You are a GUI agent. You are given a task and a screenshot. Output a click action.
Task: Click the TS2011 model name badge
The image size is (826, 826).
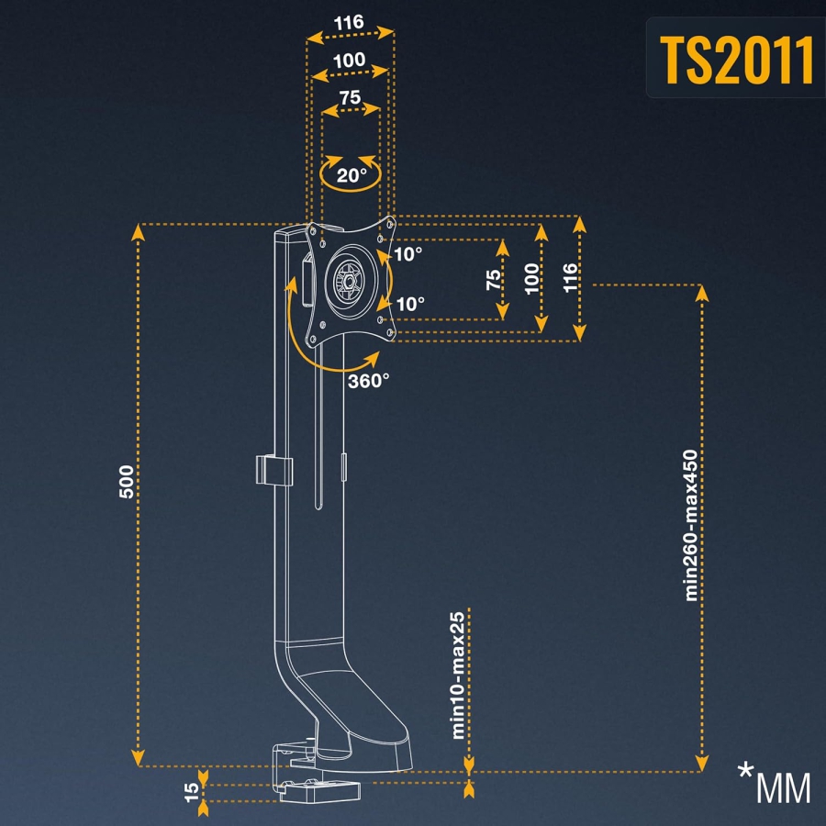click(738, 59)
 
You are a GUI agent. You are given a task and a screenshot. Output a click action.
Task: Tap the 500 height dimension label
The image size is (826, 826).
click(128, 482)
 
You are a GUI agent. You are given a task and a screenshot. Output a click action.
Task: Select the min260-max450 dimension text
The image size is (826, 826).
click(693, 524)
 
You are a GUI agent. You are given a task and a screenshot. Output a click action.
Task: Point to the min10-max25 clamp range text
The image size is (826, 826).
click(457, 675)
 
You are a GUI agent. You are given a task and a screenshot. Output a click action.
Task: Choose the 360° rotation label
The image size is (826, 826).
click(369, 381)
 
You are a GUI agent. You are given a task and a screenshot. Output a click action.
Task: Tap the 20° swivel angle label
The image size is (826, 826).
click(351, 174)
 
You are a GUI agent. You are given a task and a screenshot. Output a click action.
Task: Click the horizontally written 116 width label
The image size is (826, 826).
click(350, 22)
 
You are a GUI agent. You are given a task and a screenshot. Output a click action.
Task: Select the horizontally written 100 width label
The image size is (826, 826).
click(350, 61)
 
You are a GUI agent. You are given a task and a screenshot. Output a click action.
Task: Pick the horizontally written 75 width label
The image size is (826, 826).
click(350, 97)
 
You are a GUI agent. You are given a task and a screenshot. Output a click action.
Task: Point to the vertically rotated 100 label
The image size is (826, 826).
click(532, 278)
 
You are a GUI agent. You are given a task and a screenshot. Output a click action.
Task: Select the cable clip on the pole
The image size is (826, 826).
click(273, 471)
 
